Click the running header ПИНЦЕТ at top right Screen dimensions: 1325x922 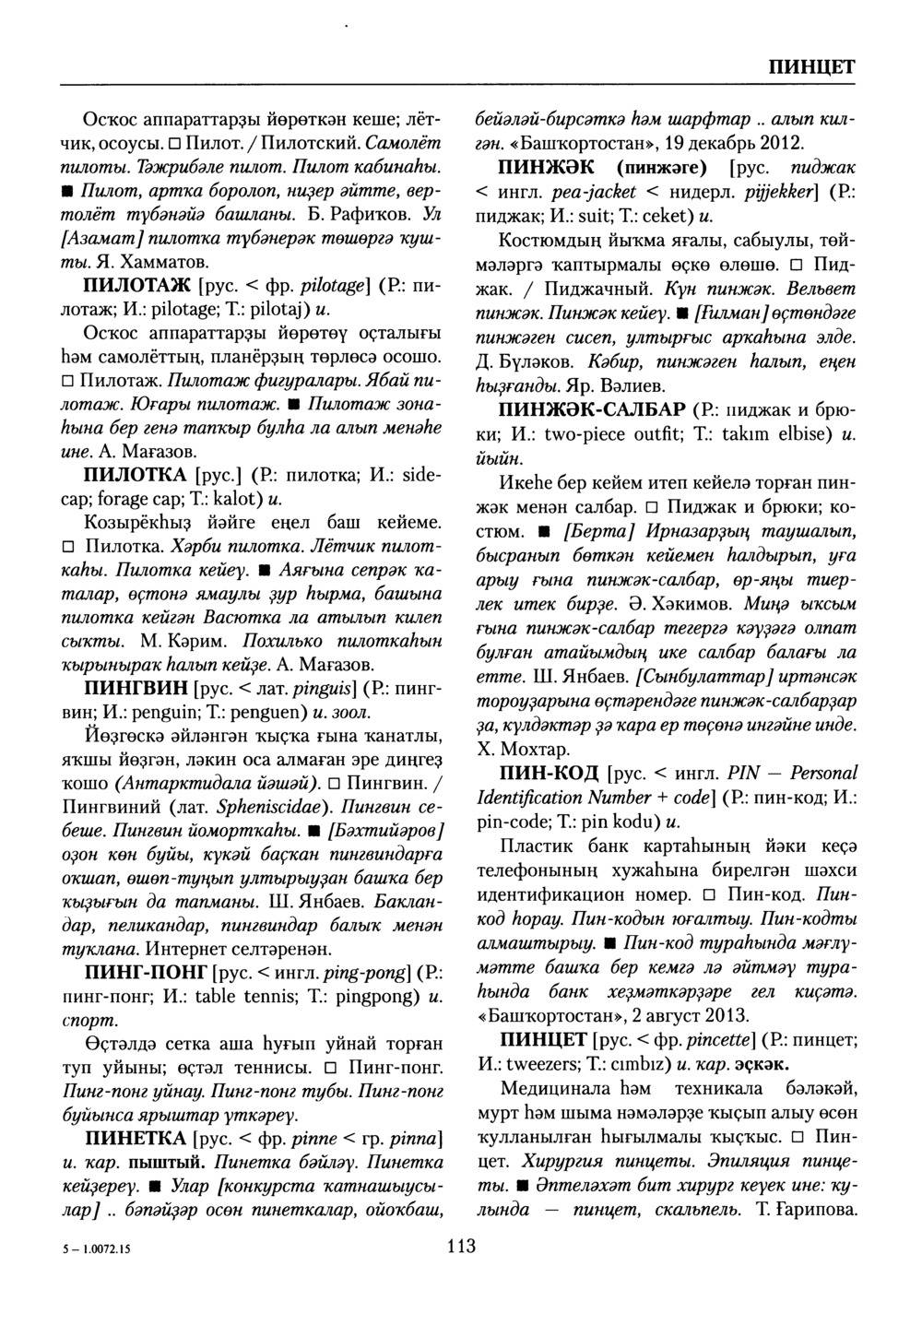810,67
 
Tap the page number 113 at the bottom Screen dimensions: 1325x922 461,1248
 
